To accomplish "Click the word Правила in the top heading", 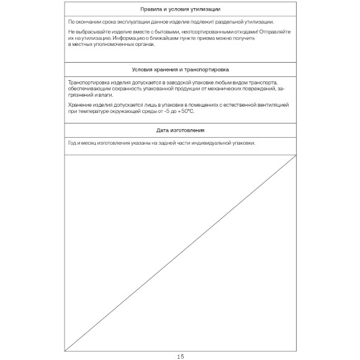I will tap(151, 10).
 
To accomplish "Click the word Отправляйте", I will tap(270, 31).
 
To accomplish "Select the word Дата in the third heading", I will tap(163, 130).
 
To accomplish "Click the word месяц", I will tap(89, 143).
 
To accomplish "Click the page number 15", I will tap(181, 356).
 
